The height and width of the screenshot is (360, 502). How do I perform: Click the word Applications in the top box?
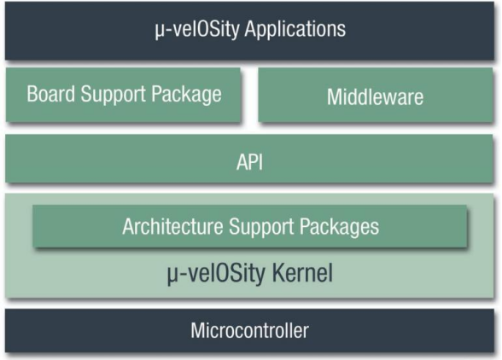point(295,30)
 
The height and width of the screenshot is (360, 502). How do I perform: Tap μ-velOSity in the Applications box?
point(197,30)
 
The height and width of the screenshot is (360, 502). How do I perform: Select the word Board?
point(51,94)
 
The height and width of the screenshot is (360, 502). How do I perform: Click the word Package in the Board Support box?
point(186,95)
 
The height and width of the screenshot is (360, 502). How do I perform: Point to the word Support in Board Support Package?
point(114,95)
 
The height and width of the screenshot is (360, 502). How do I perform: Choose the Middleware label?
point(375,96)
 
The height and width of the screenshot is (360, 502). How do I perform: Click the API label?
point(249,162)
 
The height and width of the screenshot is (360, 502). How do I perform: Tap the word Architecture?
point(172,226)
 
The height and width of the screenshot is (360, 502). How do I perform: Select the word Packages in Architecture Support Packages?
point(339,228)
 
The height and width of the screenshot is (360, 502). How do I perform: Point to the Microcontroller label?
point(249,330)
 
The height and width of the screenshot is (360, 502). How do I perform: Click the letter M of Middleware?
point(335,96)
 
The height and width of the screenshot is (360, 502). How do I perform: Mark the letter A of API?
point(242,162)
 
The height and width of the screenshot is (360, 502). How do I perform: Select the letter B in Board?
point(32,94)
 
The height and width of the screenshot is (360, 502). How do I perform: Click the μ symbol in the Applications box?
point(159,32)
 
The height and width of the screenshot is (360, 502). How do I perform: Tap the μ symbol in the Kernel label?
point(172,276)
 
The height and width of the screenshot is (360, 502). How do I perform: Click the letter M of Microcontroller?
point(199,330)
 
